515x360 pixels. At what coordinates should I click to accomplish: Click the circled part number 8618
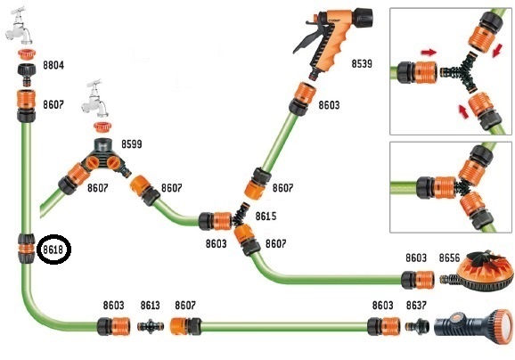(53, 250)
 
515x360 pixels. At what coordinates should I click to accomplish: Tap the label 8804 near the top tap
(53, 65)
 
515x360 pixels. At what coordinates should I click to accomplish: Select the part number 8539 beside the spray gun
(362, 63)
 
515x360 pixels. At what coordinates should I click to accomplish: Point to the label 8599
(132, 143)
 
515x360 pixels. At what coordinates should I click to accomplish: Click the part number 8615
(266, 217)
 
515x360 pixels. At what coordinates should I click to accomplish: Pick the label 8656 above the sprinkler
(449, 258)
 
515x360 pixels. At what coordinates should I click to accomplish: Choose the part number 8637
(416, 305)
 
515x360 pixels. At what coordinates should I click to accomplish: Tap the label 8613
(150, 305)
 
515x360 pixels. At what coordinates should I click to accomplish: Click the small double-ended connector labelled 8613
(151, 326)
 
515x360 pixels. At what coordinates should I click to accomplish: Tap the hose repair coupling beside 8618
(26, 249)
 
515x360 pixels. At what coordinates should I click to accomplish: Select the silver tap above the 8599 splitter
(95, 99)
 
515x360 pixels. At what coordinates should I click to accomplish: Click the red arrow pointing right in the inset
(429, 52)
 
